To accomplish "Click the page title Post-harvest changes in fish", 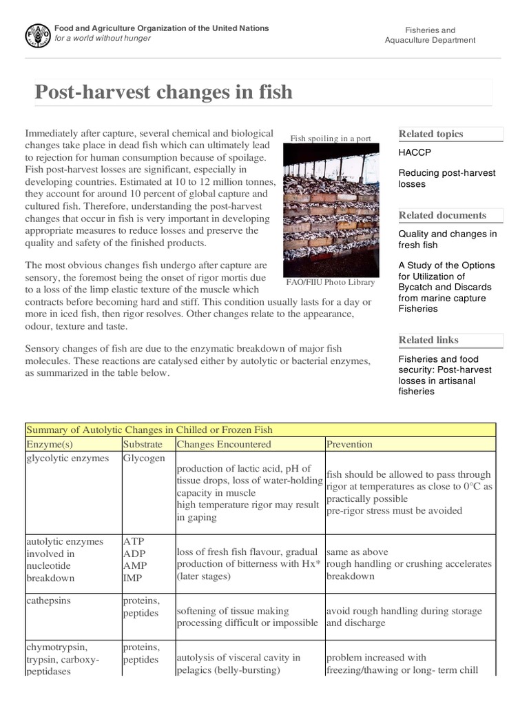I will [163, 92].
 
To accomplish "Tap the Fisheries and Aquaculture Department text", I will [430, 35].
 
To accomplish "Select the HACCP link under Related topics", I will [415, 152].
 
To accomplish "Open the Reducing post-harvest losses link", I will [446, 179].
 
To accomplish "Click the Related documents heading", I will [442, 215].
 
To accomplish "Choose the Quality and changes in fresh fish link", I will [447, 239].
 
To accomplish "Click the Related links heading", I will [428, 340].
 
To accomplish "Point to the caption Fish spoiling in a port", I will [331, 139].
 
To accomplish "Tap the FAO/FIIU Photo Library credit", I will [331, 282].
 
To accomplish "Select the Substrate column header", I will [143, 445].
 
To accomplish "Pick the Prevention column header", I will [349, 445].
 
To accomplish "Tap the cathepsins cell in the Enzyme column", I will [50, 601].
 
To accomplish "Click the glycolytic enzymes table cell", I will [67, 458].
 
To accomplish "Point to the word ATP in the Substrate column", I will [133, 541].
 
